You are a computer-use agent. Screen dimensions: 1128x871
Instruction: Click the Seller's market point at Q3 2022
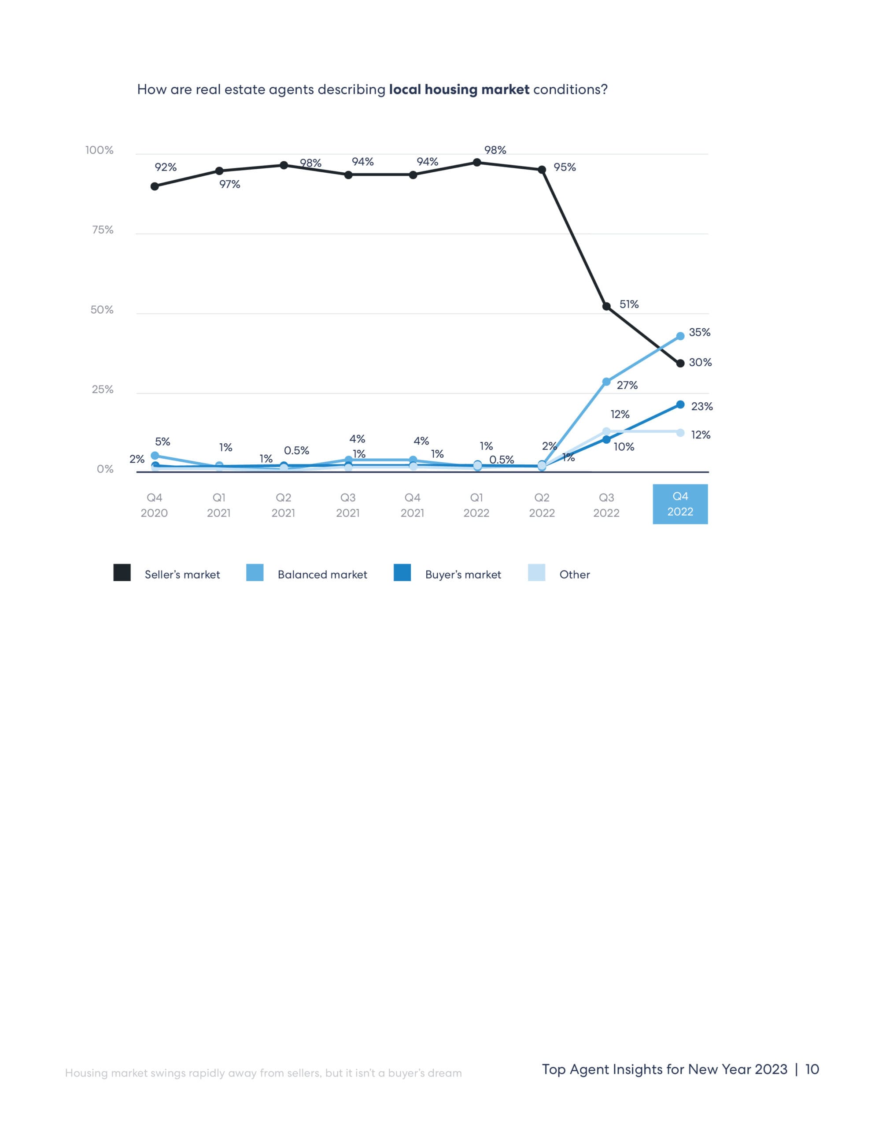[607, 306]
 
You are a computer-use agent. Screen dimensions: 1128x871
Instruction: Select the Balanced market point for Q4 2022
[680, 336]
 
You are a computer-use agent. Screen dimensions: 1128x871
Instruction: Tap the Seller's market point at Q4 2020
[155, 186]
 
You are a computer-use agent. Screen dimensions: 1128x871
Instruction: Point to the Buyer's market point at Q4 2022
[680, 405]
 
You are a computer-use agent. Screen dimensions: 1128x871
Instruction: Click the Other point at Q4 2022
[680, 433]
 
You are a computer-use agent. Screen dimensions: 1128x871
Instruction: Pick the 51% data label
[629, 304]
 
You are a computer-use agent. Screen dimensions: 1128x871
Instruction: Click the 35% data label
[699, 332]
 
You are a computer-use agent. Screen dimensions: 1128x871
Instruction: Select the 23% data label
[701, 406]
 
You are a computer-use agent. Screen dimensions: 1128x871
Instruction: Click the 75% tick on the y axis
[102, 230]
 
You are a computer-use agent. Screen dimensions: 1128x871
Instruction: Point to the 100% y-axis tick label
[99, 150]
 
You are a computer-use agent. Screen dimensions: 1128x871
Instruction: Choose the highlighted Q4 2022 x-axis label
[680, 504]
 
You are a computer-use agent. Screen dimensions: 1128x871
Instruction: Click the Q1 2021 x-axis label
[218, 505]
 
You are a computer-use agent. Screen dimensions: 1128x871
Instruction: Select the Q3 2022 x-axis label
[606, 505]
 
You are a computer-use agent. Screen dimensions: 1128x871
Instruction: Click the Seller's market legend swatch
[122, 573]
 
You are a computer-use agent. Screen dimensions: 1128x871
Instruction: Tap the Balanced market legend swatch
[255, 573]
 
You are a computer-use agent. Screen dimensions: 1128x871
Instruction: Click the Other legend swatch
[536, 573]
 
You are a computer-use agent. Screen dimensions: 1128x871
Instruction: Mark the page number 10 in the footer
[812, 1069]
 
